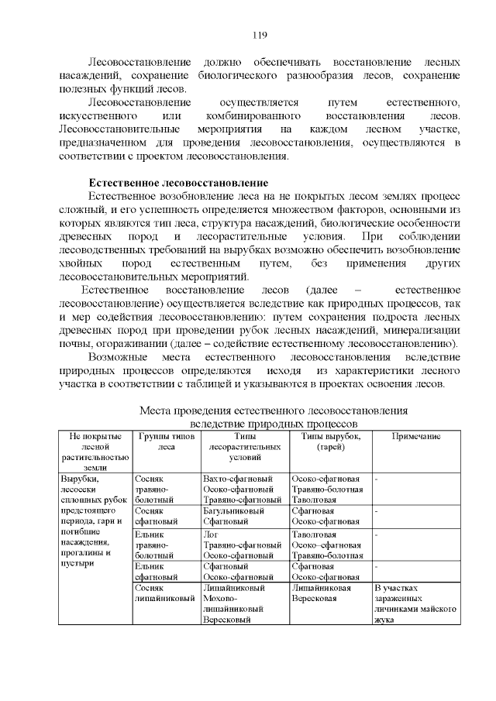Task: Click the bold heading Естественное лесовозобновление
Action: coord(178,183)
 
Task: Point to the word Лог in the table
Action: coord(210,534)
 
